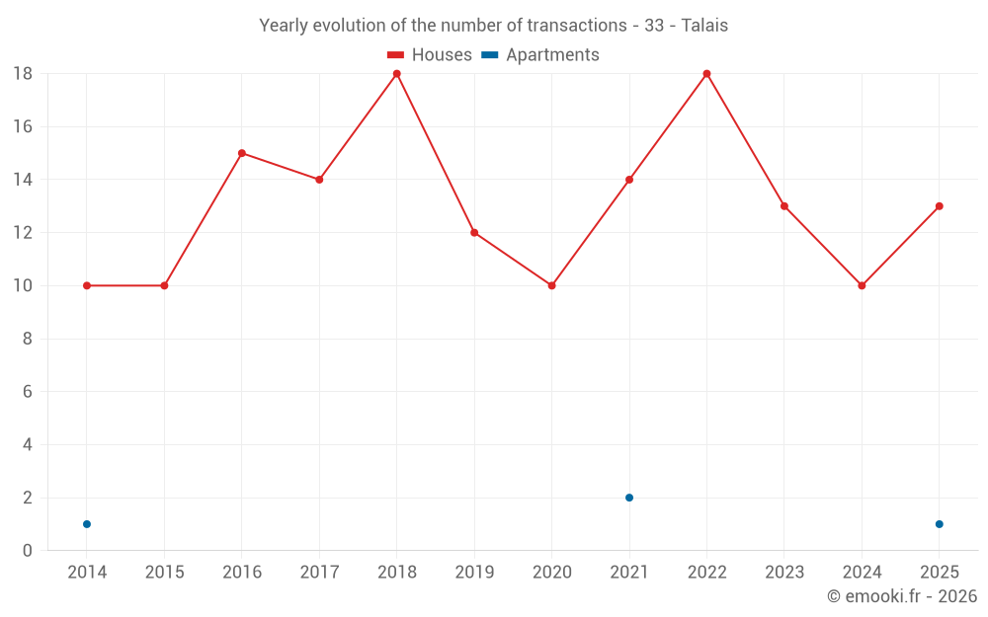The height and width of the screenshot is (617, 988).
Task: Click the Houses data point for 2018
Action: [397, 74]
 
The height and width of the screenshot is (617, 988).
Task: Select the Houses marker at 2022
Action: [706, 74]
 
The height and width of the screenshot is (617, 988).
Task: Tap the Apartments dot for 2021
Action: [629, 498]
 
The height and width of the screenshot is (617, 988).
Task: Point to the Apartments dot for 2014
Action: [87, 524]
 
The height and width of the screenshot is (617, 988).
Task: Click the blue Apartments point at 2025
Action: [939, 524]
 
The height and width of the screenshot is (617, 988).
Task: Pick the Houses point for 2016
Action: [242, 153]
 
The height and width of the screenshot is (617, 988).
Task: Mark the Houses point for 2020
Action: [551, 285]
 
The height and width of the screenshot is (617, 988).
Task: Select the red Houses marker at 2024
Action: [862, 285]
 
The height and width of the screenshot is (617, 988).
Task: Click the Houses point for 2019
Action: [474, 233]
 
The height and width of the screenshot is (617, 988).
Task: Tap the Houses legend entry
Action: [429, 55]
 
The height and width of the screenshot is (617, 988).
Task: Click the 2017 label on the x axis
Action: [319, 573]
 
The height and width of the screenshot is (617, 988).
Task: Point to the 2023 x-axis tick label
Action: [784, 573]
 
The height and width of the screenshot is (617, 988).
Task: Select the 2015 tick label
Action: [164, 573]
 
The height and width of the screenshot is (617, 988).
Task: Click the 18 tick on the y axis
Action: [23, 74]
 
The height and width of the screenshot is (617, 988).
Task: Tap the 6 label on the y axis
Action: [28, 392]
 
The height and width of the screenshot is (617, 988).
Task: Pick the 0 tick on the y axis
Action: [28, 551]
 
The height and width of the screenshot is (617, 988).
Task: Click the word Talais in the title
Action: [704, 26]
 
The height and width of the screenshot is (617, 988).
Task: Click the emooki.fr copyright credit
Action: [902, 596]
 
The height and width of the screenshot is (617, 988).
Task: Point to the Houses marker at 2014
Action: [87, 285]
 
